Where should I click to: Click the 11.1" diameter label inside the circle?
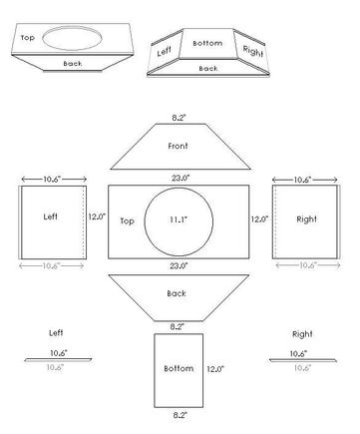point(179,218)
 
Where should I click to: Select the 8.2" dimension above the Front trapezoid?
point(180,116)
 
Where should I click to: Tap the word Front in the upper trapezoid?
point(180,146)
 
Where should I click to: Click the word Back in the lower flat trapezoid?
point(178,293)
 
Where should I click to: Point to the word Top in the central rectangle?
point(128,219)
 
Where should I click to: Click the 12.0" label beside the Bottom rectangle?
point(215,368)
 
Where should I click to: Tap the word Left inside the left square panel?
point(51,216)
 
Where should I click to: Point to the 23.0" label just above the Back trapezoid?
point(180,266)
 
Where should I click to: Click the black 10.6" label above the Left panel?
point(53,180)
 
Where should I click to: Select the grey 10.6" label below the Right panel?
point(305,265)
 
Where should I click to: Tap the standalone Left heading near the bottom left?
point(58,331)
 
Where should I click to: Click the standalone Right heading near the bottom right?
point(302,333)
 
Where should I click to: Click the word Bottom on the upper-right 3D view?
point(207,44)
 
